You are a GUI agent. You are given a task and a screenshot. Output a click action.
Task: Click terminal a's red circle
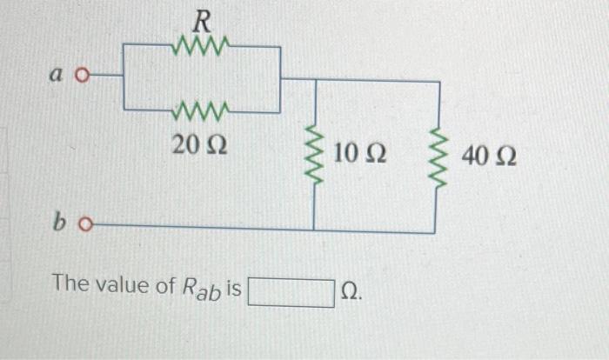click(x=84, y=76)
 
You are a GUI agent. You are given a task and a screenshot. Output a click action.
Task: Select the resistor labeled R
click(x=202, y=43)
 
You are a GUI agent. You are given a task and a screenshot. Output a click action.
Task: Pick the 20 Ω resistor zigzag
click(x=201, y=111)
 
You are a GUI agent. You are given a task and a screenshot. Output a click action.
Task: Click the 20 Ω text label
click(x=200, y=144)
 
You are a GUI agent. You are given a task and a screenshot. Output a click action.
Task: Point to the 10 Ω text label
click(x=360, y=156)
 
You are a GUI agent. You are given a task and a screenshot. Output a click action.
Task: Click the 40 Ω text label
click(x=489, y=157)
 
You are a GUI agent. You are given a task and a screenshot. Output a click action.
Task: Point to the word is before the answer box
click(x=234, y=284)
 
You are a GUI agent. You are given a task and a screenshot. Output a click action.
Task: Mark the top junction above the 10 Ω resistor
click(x=314, y=80)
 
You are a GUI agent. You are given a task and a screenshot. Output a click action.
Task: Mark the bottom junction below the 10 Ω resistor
click(x=314, y=231)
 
